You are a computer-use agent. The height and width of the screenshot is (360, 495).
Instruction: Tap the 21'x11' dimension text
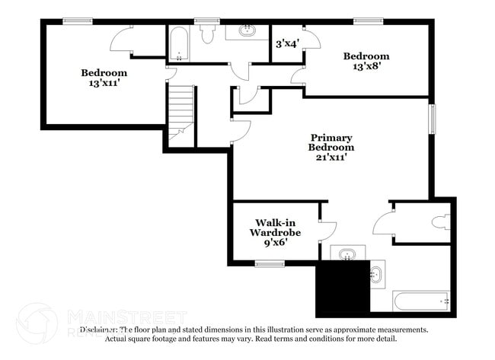point(331,158)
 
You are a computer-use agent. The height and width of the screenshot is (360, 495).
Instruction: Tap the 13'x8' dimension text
point(366,67)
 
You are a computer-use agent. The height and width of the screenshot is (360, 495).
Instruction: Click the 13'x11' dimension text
point(104,84)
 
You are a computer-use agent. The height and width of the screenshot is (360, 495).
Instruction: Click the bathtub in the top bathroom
point(179,44)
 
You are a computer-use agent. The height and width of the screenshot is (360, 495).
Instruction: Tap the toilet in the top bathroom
point(208,36)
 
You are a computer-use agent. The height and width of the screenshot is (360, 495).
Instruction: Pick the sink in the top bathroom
point(247,31)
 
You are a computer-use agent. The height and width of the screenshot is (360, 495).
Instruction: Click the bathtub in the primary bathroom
point(421,301)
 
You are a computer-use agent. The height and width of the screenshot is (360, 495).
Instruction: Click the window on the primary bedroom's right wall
point(433,118)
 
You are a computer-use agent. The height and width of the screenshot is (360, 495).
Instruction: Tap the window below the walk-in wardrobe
point(270,264)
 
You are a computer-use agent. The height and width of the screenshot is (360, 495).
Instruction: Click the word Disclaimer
point(99,330)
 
